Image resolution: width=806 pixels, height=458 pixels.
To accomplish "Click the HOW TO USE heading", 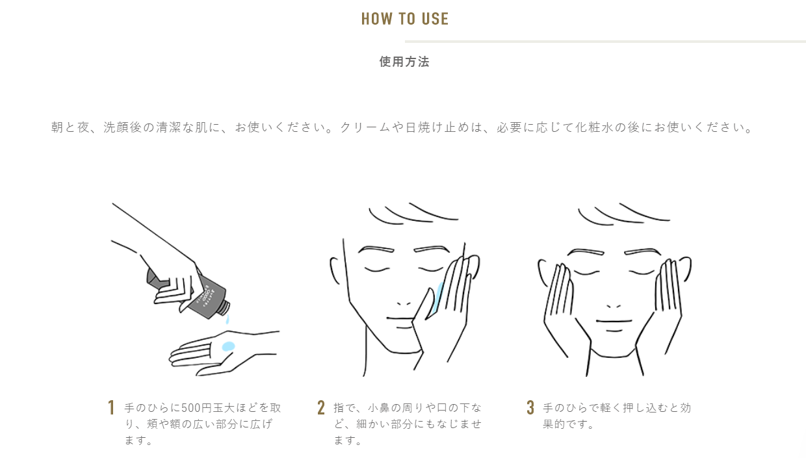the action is coord(405,19).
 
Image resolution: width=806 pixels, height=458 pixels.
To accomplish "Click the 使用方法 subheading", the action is coord(404,62).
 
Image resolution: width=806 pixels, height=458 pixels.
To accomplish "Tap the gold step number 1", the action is coord(111,408).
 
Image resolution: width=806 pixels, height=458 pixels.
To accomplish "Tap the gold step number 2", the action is coord(321,408).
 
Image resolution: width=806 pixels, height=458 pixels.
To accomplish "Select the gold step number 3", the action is coord(530,408).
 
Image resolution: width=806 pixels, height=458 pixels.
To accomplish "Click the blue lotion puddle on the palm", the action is coord(228,346).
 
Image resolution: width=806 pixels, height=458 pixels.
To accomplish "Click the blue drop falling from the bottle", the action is coord(227,319).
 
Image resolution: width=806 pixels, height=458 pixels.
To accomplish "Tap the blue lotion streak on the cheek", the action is coord(439,297).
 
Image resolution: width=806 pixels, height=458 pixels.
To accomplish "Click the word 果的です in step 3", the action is coord(564,424).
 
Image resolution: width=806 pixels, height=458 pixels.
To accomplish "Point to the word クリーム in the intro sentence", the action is coord(365,127).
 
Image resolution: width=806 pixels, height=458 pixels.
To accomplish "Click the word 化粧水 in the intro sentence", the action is coord(593,127).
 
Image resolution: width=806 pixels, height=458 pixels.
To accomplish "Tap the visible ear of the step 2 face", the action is coord(335,270).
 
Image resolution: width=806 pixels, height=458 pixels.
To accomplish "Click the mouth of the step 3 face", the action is coord(614,321).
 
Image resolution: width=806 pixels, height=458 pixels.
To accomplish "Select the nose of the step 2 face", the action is coord(404,303).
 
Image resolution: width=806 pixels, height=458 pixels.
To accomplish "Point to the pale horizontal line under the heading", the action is coord(605,42).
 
